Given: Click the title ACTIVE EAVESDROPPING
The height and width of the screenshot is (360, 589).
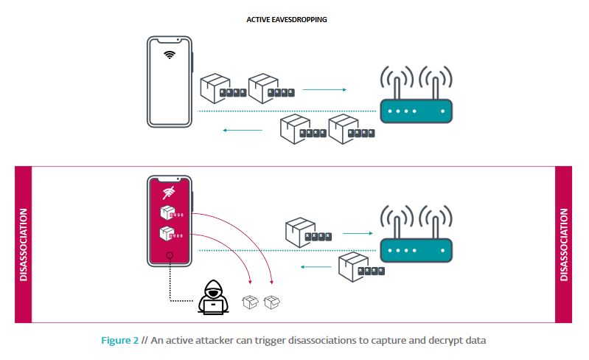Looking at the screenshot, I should pos(287,20).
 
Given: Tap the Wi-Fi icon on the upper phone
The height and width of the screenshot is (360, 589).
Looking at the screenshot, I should pos(170,55).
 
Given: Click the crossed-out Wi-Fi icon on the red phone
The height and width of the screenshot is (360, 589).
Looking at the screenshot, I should pos(169,194).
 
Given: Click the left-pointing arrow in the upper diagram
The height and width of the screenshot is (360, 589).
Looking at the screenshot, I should pos(243,131).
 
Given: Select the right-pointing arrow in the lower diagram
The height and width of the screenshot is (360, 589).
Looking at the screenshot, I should pos(357,232).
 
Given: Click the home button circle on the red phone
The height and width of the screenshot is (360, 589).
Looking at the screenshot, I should pos(170,257).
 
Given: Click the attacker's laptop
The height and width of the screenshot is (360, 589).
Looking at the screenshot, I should pos(215,307).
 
